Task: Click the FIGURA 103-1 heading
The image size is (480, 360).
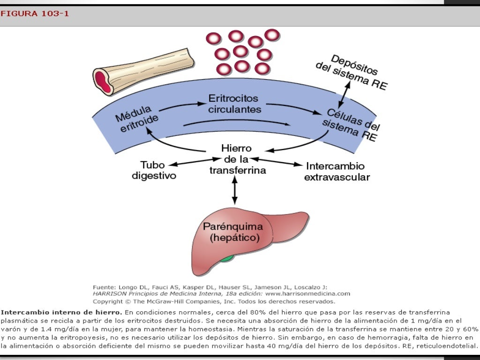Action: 35,14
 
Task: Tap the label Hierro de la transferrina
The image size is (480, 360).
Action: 237,159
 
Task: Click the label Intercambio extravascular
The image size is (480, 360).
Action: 337,172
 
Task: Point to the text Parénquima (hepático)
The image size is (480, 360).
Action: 233,232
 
